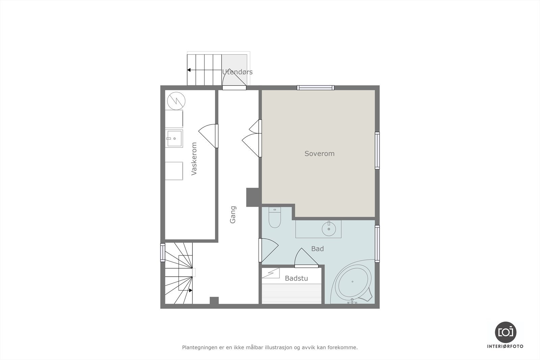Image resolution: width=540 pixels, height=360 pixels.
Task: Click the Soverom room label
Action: click(319, 154)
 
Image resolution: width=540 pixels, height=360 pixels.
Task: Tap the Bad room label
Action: click(317, 249)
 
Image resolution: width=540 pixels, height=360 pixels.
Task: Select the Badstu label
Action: click(296, 278)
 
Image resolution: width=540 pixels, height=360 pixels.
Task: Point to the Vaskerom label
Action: click(194, 159)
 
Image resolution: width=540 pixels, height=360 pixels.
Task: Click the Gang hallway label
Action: click(233, 215)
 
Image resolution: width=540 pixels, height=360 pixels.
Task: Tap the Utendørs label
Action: click(237, 72)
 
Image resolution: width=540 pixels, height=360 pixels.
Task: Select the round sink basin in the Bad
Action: click(329, 229)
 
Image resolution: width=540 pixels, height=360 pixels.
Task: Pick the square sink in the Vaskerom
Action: click(174, 138)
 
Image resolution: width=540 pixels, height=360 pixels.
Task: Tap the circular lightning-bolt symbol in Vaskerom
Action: click(176, 100)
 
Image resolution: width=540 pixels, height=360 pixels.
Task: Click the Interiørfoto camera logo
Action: click(505, 332)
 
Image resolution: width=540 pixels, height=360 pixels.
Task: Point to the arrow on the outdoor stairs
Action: click(189, 70)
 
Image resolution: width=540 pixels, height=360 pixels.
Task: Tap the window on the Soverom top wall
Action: click(316, 88)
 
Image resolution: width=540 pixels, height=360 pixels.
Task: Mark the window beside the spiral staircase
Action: click(163, 253)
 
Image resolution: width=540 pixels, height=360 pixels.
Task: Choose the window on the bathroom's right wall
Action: click(377, 244)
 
